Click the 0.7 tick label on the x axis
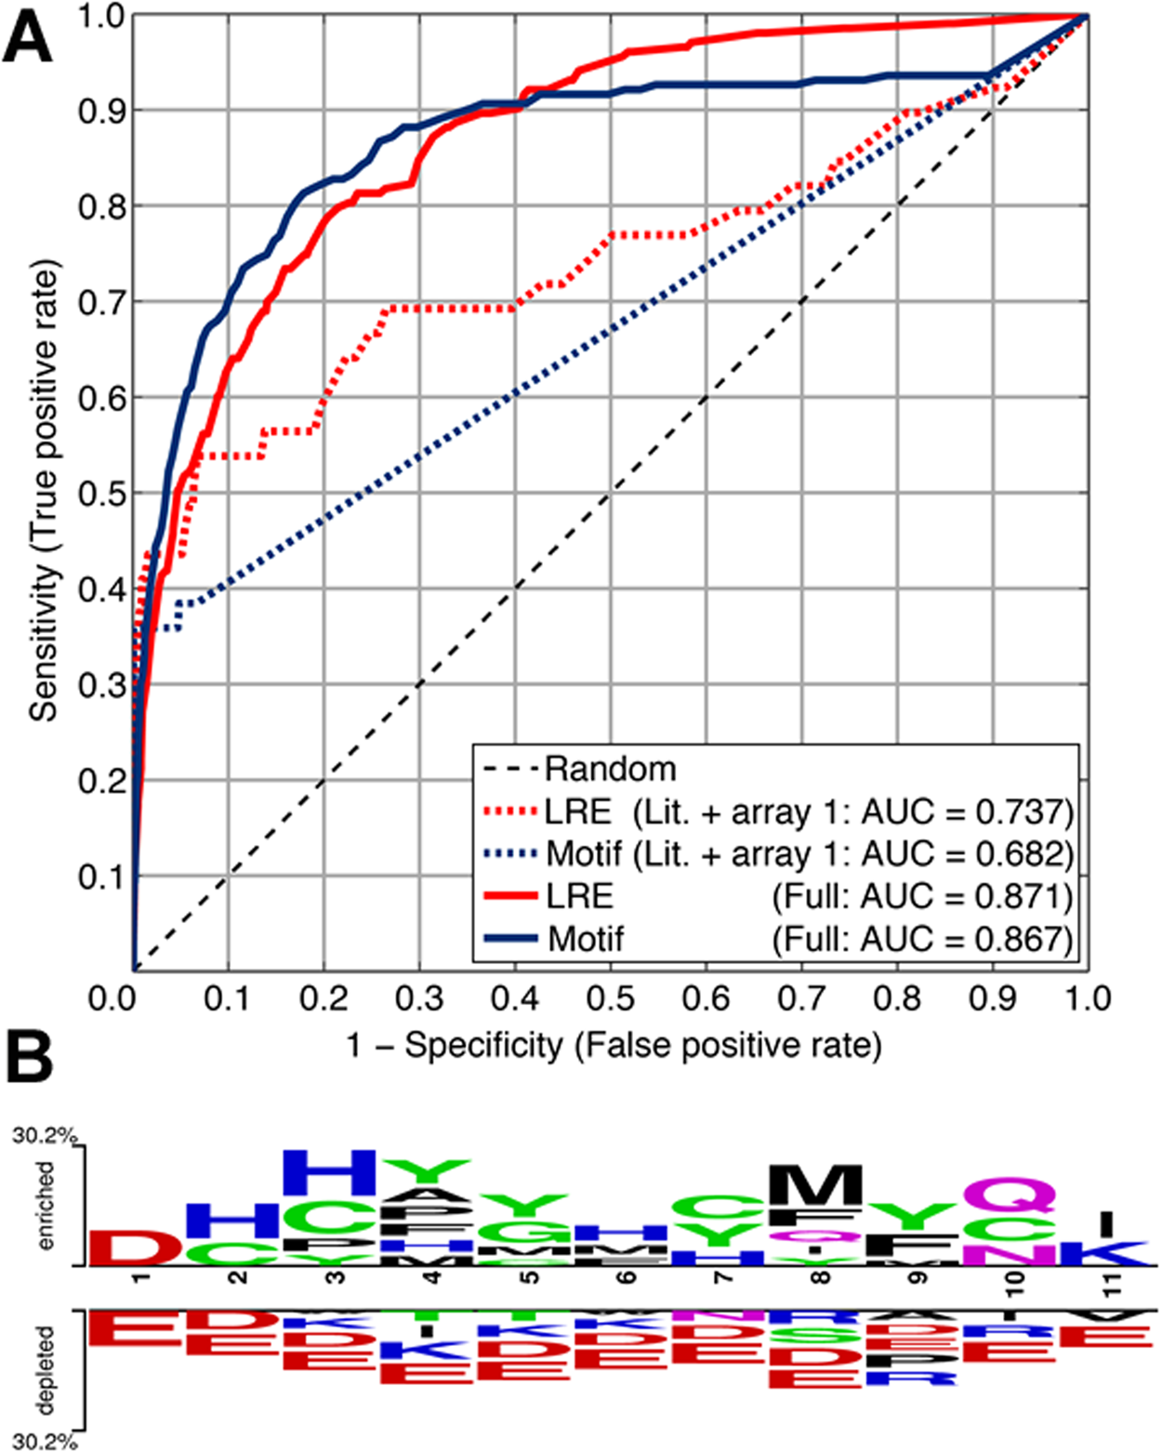point(801,999)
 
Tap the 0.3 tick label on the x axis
point(419,999)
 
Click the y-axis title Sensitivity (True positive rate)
point(43,491)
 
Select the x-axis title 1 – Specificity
point(614,1046)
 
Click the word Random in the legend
point(611,769)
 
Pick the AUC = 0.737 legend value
point(967,812)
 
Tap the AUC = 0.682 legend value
point(967,853)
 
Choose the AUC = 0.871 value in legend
point(967,896)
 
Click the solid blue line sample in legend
point(510,939)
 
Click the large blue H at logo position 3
point(329,1173)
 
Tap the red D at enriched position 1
point(136,1247)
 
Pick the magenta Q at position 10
point(1010,1195)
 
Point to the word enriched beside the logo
point(45,1206)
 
